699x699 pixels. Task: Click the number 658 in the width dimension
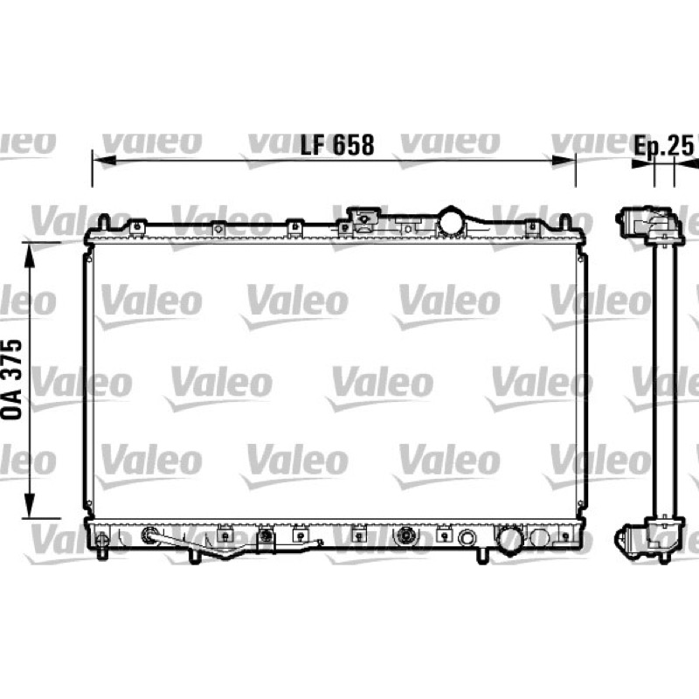click(354, 145)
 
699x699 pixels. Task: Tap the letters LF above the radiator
click(313, 145)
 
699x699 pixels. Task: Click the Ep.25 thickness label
click(664, 145)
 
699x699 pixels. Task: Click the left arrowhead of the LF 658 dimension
click(104, 160)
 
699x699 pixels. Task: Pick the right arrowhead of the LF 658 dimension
click(564, 160)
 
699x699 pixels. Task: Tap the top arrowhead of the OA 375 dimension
click(30, 255)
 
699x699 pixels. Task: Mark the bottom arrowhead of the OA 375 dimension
click(30, 506)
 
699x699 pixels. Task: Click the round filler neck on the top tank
click(451, 221)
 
